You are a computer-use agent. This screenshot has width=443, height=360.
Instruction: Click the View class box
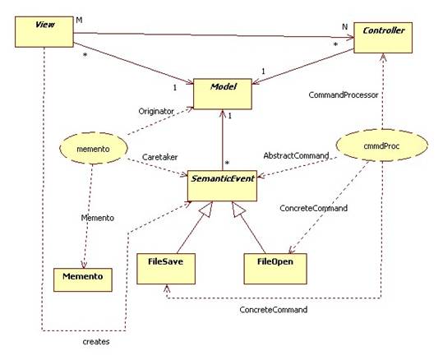pos(44,32)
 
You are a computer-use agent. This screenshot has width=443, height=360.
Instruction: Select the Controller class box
pos(383,38)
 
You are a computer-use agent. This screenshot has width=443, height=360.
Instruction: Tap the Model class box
pos(223,94)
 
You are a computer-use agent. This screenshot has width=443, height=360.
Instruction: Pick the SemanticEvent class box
pos(223,186)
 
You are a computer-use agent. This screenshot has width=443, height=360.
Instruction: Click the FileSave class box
pos(166,269)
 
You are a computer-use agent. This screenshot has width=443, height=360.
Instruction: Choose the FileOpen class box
pos(275,269)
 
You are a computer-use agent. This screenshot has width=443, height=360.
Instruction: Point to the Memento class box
pos(83,279)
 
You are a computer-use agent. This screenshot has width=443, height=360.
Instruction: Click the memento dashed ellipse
pos(94,148)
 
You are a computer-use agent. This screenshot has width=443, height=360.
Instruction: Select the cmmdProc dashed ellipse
pos(381,145)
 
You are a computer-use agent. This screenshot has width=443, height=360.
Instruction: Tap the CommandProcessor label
pos(344,95)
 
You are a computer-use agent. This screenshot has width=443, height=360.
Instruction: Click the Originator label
pos(156,111)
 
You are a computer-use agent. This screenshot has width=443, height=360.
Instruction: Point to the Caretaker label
pos(160,157)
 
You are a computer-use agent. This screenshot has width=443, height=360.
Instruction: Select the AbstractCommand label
pos(296,155)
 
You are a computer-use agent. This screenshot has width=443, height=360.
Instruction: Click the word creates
pos(96,342)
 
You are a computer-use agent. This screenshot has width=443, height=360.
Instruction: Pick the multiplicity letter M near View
pos(80,21)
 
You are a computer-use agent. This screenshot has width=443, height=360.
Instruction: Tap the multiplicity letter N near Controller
pos(344,27)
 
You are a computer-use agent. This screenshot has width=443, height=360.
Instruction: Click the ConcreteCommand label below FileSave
pos(274,310)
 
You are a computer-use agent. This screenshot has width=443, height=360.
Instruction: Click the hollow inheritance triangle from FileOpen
pos(237,210)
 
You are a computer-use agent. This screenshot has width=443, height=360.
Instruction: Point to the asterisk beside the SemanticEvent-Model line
pos(227,164)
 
